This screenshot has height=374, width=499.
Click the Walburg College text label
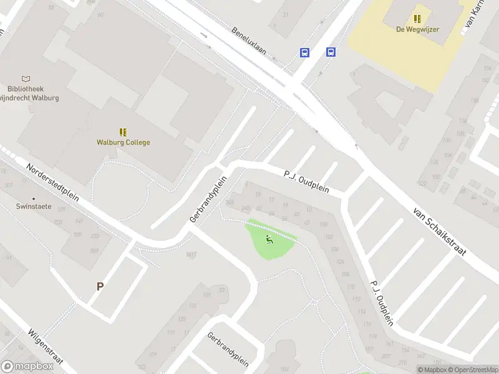click(123, 142)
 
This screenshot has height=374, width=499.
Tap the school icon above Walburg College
click(123, 132)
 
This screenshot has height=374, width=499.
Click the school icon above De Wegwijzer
click(417, 19)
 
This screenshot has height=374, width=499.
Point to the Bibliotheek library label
click(25, 89)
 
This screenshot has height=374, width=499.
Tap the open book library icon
click(26, 79)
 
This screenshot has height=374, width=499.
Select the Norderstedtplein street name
click(52, 182)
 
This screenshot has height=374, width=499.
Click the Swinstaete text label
click(34, 206)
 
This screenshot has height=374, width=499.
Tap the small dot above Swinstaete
click(34, 198)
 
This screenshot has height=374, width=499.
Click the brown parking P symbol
click(99, 287)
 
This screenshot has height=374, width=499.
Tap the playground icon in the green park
click(269, 239)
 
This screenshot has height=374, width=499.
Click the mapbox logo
click(27, 367)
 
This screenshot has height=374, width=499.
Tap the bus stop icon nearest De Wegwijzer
click(330, 52)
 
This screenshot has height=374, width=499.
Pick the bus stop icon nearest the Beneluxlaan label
click(304, 52)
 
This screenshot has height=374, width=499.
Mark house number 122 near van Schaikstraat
click(422, 183)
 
